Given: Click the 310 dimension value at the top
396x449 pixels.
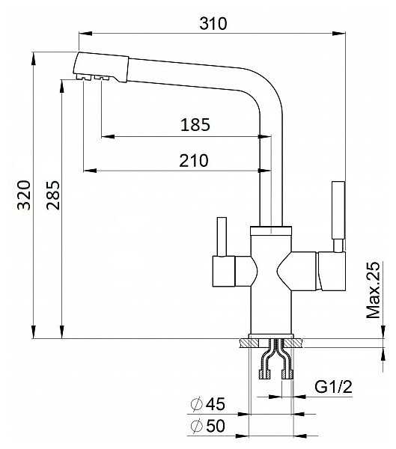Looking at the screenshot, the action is coord(213,23).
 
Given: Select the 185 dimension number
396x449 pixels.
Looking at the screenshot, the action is coord(195,125).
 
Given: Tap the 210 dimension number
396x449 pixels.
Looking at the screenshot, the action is coord(194,160).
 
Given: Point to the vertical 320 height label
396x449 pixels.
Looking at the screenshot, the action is coord(24,195).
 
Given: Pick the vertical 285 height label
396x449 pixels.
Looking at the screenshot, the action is coord(53,195).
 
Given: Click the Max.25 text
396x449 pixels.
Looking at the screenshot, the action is coord(374,290).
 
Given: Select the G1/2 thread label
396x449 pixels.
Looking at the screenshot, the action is coord(333,387).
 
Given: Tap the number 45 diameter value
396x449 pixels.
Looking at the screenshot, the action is coord(216,404).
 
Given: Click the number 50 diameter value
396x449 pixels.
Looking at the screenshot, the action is coord(216,426).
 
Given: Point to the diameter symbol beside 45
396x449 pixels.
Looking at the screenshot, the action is coord(197,404).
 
